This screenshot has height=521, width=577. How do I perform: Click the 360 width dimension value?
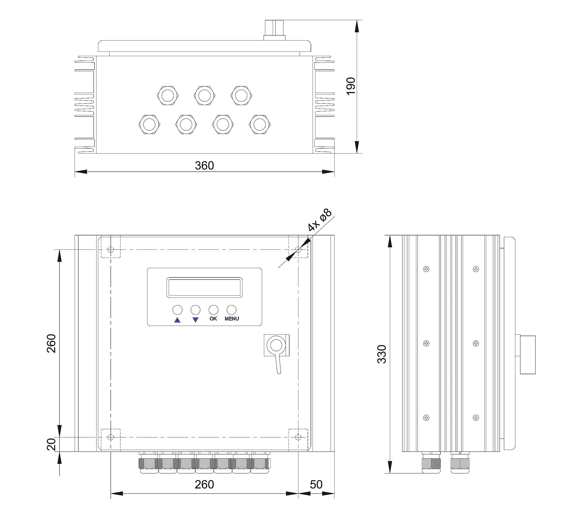[x=204, y=165]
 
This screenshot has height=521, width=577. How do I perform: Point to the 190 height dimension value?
[x=351, y=86]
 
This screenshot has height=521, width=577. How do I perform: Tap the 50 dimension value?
[x=316, y=484]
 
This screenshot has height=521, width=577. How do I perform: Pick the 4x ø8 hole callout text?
[x=320, y=220]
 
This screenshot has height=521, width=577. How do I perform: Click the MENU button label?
[x=232, y=319]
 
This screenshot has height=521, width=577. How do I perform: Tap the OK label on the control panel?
[x=213, y=319]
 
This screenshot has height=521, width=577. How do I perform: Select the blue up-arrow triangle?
[x=177, y=320]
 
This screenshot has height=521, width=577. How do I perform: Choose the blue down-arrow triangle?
[x=195, y=320]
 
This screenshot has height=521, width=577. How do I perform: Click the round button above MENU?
[x=231, y=310]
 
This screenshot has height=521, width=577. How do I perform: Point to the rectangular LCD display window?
[x=204, y=287]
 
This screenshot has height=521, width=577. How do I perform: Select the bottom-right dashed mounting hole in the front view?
[x=298, y=437]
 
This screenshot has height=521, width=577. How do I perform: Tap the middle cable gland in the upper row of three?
[x=204, y=95]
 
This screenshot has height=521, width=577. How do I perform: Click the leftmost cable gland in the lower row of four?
[x=149, y=125]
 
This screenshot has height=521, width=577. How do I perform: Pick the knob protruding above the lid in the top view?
[x=274, y=30]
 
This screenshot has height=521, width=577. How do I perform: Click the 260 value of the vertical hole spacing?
[x=51, y=343]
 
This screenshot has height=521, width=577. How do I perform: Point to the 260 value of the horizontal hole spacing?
[x=204, y=484]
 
